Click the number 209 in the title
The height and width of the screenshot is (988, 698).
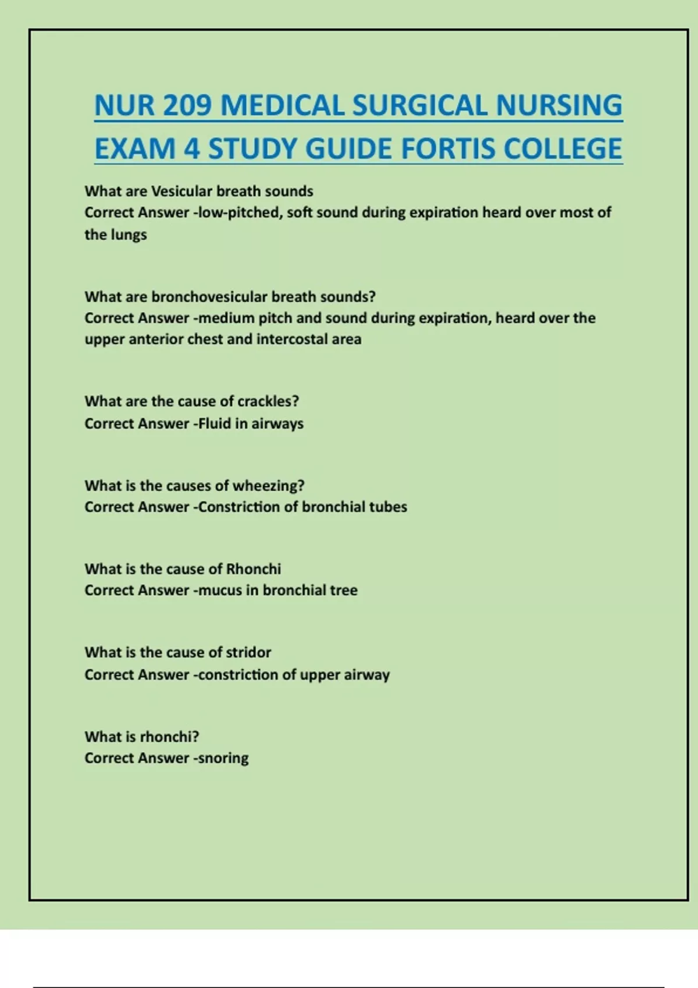point(187,106)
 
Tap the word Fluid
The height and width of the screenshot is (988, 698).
point(215,424)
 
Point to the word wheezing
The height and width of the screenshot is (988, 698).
point(268,486)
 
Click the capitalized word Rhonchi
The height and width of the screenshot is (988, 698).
point(253,569)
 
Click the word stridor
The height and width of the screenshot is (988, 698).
point(248,653)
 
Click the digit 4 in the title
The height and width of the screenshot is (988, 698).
point(192,149)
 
